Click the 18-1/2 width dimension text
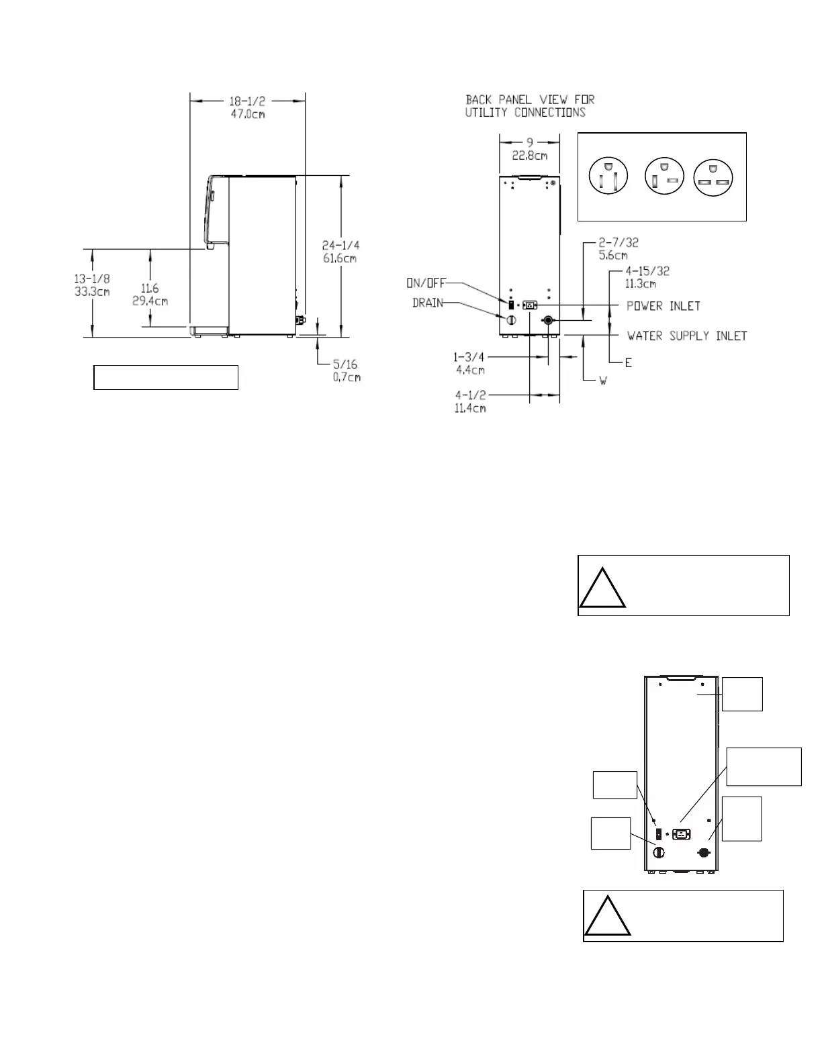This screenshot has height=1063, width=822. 247,101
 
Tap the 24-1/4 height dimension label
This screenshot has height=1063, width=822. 340,245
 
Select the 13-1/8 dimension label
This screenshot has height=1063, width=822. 92,279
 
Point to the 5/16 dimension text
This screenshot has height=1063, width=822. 345,364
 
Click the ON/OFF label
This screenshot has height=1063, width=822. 426,283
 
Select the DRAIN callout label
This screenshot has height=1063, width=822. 428,303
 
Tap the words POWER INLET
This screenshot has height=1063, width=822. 664,306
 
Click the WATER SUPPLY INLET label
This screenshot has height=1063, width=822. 687,336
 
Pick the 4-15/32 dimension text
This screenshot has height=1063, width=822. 647,271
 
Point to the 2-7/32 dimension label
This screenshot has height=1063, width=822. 619,243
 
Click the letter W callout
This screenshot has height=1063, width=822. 603,380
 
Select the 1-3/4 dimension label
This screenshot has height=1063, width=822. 469,358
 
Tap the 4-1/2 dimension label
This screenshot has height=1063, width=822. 471,395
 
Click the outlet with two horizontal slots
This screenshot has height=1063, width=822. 713,178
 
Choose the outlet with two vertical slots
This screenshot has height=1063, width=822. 608,176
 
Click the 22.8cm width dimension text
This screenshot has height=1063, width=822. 530,156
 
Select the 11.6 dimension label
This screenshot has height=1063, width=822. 149,289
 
